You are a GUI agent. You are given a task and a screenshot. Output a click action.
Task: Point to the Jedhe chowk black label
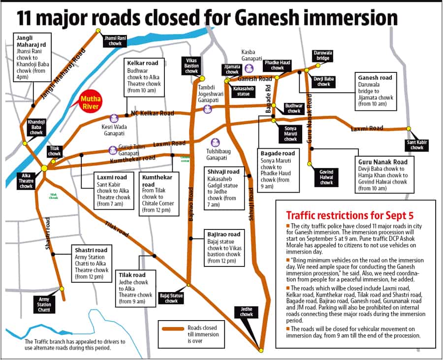point(247,311)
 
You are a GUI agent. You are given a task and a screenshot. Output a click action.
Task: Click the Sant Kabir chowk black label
point(417,145)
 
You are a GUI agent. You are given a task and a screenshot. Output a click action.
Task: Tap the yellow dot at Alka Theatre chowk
point(44,168)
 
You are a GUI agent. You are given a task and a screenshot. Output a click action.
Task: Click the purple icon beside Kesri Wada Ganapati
point(114,119)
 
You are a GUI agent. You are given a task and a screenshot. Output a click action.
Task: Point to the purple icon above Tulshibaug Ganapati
point(215,143)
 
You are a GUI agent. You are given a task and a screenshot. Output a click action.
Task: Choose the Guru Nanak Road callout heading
point(382,162)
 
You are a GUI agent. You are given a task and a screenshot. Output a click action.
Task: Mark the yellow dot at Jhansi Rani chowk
point(98,31)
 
